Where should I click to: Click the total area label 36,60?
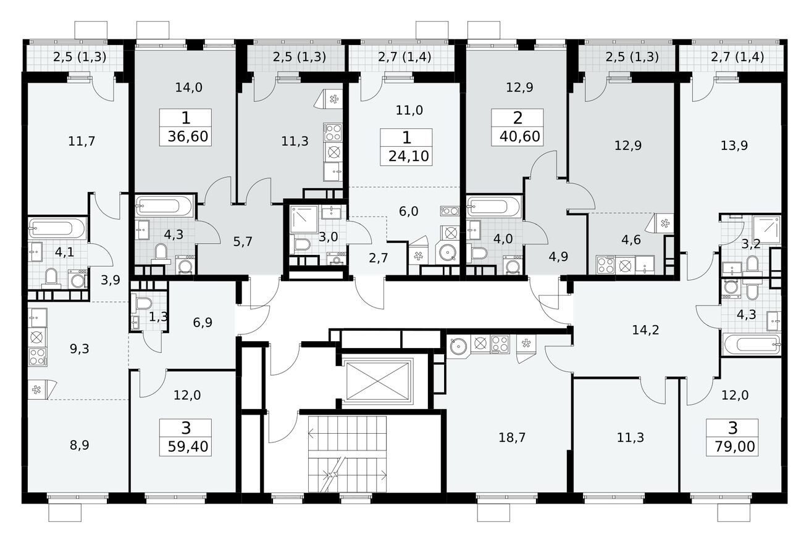coord(185,136)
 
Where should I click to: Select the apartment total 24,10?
coord(406,155)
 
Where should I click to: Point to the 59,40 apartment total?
coord(185,446)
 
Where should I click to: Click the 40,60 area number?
coord(518,136)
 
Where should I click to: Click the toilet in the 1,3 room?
coord(143,304)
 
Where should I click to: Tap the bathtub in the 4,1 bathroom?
coord(58,229)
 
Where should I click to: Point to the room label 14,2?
coord(646,330)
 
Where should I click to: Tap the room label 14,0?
coord(188,88)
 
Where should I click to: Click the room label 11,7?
coord(82,141)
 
